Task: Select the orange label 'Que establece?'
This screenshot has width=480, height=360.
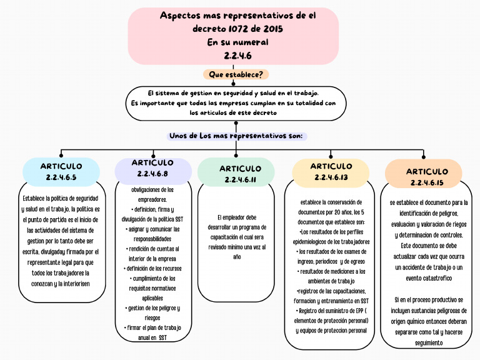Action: tap(236, 74)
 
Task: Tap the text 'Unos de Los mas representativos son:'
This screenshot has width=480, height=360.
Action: tap(236, 136)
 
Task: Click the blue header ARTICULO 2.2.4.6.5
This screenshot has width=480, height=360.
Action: tap(61, 172)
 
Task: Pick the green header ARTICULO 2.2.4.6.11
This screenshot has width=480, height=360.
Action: tap(236, 174)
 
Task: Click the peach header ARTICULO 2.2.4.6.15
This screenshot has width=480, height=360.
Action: tap(423, 176)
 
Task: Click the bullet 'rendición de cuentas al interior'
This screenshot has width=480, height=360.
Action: tap(152, 253)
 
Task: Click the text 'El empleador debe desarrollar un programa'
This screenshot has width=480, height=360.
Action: tap(236, 222)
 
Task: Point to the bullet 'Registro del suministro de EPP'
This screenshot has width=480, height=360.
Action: tap(331, 310)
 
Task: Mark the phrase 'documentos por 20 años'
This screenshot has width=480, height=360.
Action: tap(331, 212)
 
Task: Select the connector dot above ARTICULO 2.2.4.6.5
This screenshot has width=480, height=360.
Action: tap(61, 154)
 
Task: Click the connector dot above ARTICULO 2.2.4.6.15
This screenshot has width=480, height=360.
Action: tap(423, 157)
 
